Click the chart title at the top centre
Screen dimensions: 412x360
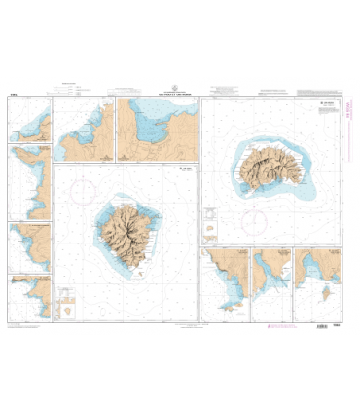pyautogui.click(x=181, y=94)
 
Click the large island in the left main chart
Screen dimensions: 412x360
pyautogui.click(x=125, y=233)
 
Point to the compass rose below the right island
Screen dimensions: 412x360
pyautogui.click(x=257, y=217)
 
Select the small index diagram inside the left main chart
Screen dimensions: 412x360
pyautogui.click(x=69, y=309)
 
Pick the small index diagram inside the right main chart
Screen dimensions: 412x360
pyautogui.click(x=210, y=235)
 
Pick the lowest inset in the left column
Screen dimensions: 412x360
pyautogui.click(x=29, y=295)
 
